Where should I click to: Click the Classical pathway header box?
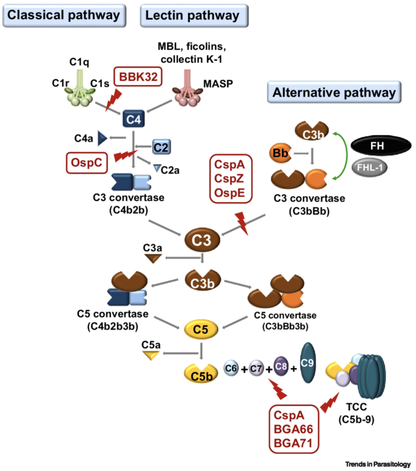click(64, 16)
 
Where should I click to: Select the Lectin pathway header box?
click(194, 16)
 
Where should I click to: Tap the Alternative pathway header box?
click(334, 92)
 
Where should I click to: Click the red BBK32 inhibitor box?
click(138, 77)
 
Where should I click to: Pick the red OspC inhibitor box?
click(87, 162)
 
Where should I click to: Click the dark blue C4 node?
click(133, 119)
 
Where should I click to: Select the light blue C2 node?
click(161, 147)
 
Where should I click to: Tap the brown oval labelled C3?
click(202, 240)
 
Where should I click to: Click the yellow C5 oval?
click(201, 329)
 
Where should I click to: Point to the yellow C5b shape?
click(201, 374)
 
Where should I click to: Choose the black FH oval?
click(381, 146)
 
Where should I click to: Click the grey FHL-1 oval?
click(369, 167)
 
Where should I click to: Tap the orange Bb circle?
click(280, 153)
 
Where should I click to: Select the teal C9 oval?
click(307, 363)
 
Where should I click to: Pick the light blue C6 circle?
click(231, 368)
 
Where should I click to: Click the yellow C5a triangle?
click(151, 355)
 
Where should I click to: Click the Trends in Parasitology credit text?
click(378, 464)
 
